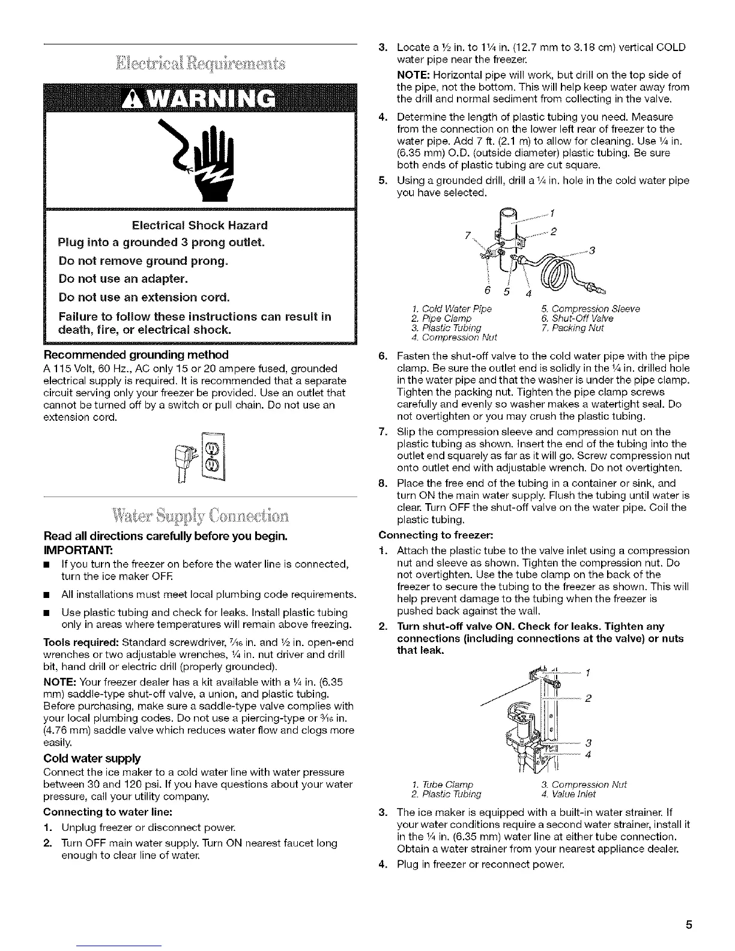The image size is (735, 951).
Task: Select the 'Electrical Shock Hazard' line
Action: pyautogui.click(x=199, y=226)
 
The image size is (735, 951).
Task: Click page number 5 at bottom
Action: pyautogui.click(x=690, y=925)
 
